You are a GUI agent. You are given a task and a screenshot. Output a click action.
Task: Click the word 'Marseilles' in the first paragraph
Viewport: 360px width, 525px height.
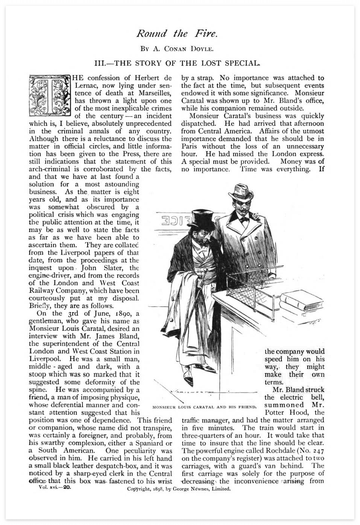pos(153,93)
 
